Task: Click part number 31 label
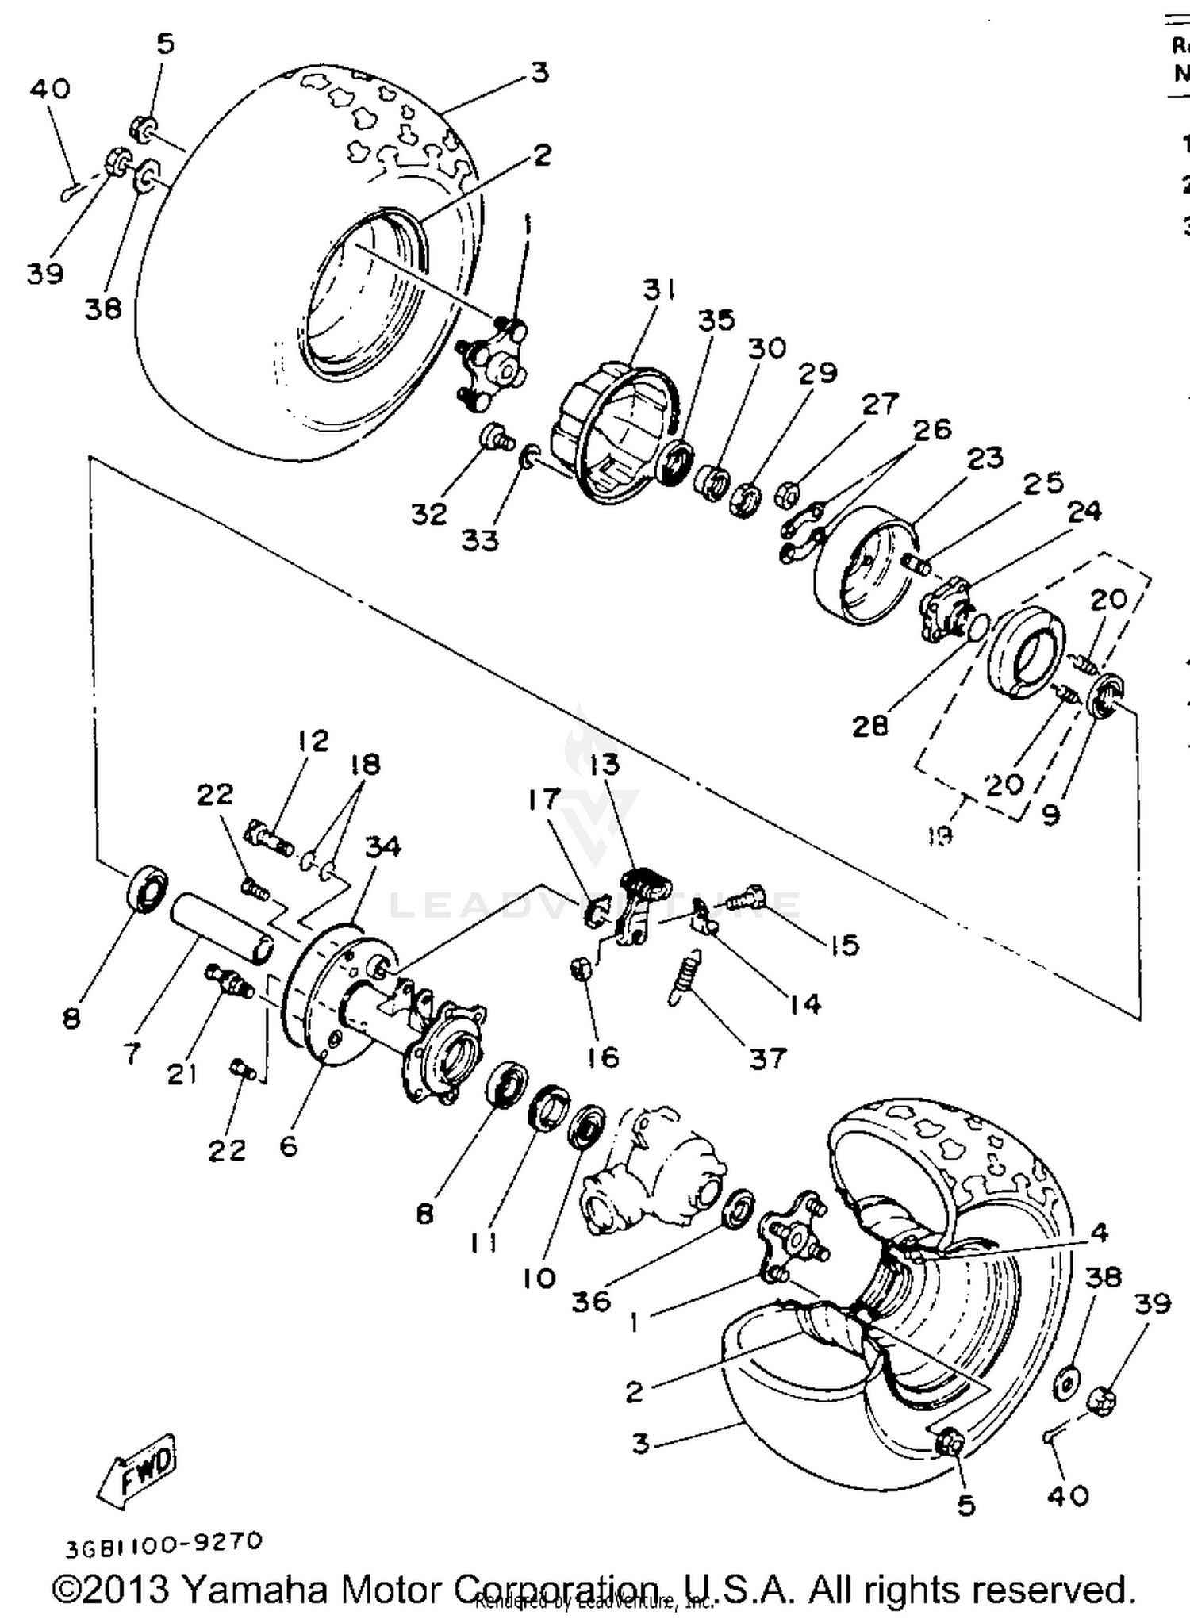coord(658,290)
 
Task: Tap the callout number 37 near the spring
coord(767,1058)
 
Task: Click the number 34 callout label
coord(383,846)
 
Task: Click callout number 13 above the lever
coord(605,765)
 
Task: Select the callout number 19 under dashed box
coord(939,834)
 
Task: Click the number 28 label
coord(870,725)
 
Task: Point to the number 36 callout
coord(591,1301)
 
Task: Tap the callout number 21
coord(182,1074)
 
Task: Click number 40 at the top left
coord(50,88)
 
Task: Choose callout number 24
coord(1084,512)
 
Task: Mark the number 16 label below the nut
coord(603,1057)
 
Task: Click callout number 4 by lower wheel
coord(1099,1233)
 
